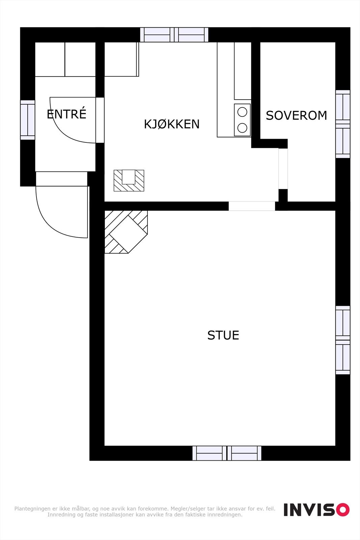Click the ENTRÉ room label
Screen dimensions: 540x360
coord(66,114)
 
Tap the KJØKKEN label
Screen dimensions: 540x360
coord(172,124)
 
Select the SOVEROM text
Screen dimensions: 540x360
coord(296,116)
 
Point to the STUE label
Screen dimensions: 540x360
coord(223,335)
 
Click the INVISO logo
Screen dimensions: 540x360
coord(316,510)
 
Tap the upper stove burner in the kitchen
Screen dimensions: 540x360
coord(242,112)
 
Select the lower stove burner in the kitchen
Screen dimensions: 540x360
coord(242,128)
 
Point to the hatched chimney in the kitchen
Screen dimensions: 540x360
coord(129,181)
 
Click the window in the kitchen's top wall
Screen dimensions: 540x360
coord(174,35)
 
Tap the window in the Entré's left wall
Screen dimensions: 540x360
coord(28,120)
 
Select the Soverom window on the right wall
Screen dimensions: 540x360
coord(343,124)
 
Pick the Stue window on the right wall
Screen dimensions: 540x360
coord(343,340)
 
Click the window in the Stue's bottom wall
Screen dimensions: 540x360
coord(227,453)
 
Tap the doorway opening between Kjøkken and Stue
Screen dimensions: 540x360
coord(252,206)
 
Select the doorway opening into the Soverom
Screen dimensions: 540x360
coord(283,169)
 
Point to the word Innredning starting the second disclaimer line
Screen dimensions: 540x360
coord(61,515)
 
